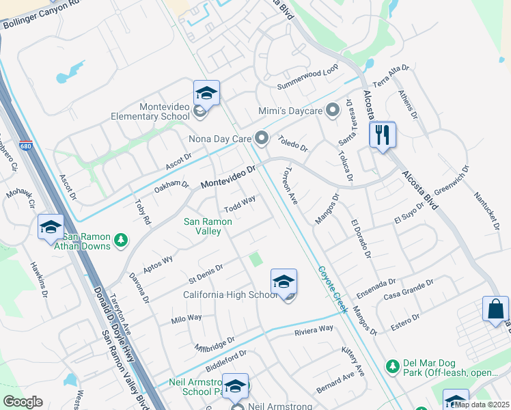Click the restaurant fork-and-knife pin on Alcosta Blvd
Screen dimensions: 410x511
pos(383,135)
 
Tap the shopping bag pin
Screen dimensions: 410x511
pos(495,309)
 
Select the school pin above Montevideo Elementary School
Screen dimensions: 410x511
pos(206,92)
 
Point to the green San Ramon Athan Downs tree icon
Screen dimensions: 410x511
pos(121,239)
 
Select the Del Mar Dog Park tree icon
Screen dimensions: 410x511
pos(392,366)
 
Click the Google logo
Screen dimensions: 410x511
pos(23,402)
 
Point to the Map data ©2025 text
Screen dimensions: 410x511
pos(482,405)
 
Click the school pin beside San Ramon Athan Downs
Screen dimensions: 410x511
pos(51,228)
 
